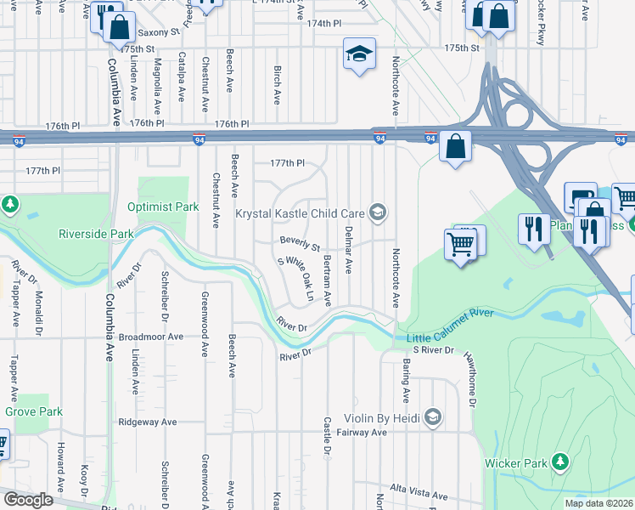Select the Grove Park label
[34, 411]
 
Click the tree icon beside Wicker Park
[559, 462]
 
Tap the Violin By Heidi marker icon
[434, 416]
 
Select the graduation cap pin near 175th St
[359, 54]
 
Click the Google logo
[27, 500]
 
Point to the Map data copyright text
[599, 503]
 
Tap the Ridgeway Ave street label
[147, 422]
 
